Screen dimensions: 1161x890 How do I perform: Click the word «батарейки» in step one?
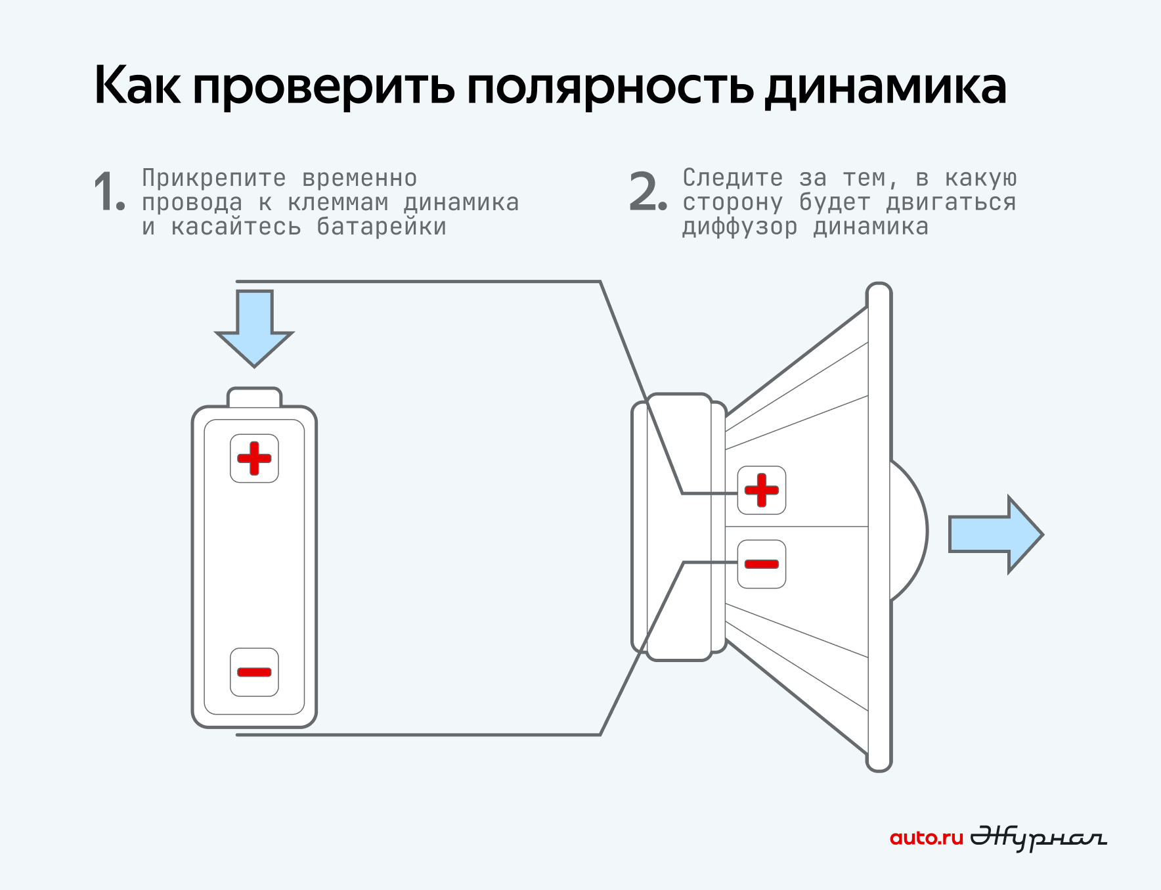coord(382,227)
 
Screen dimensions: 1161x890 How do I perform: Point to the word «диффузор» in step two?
coord(740,227)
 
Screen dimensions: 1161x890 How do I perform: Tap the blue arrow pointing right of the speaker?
coord(996,534)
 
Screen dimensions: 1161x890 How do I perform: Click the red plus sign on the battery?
coord(254,458)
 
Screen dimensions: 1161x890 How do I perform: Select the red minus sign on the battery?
coord(254,672)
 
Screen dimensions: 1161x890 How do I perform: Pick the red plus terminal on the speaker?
coord(762,490)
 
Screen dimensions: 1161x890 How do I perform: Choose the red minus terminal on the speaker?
coord(762,564)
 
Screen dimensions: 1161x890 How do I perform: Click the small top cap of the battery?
coord(254,397)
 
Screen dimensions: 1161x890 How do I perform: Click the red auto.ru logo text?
coord(926,838)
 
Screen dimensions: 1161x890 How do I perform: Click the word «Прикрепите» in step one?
coord(214,178)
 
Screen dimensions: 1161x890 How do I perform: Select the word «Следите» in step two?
coord(733,178)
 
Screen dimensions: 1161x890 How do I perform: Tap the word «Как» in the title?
coord(137,86)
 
